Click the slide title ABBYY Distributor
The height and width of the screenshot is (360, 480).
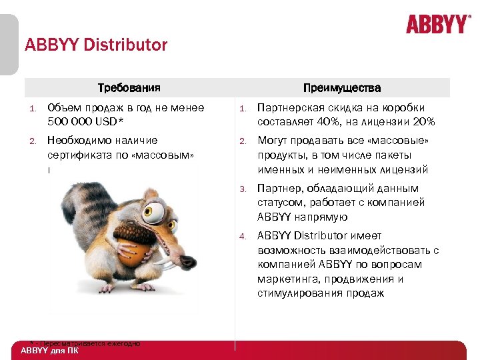click(96, 45)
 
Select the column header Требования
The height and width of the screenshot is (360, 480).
click(129, 88)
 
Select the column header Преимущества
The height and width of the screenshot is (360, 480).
click(342, 88)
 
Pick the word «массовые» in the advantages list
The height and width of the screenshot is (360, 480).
click(405, 141)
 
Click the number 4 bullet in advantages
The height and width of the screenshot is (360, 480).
click(244, 236)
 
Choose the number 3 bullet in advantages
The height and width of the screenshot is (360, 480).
click(244, 189)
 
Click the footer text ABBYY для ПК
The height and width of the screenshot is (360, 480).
click(49, 351)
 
